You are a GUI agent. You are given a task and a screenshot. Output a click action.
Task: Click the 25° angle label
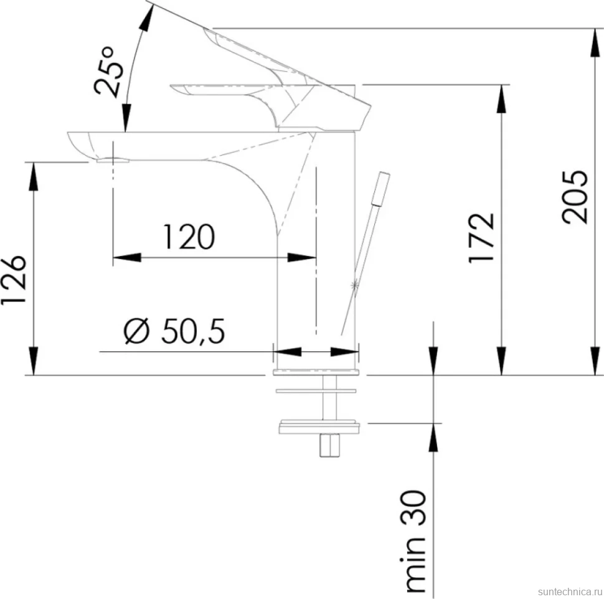(x=110, y=72)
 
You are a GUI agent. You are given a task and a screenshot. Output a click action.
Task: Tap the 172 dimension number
(x=481, y=238)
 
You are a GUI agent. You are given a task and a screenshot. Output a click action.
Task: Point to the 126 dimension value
(x=14, y=280)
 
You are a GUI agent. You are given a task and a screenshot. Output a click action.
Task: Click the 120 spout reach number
(x=189, y=237)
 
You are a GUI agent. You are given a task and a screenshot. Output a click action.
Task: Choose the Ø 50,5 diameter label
(x=174, y=331)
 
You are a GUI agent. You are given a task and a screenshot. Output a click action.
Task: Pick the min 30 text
(x=415, y=541)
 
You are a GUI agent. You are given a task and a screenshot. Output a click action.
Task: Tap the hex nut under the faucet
(x=329, y=445)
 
